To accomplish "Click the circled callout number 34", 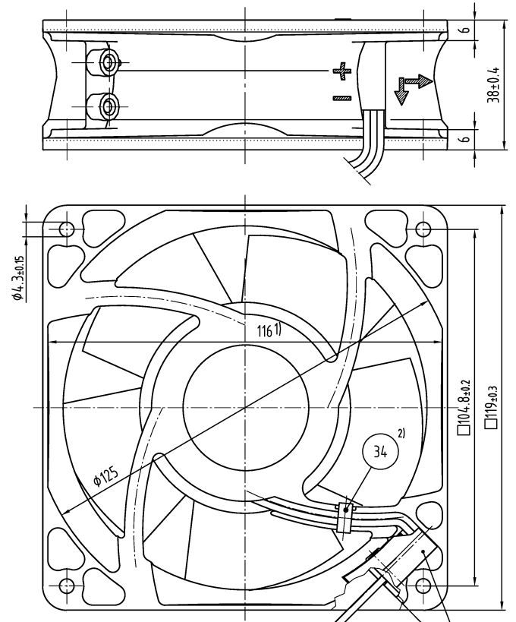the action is coord(380,451).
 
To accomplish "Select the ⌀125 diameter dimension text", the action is coord(105,476).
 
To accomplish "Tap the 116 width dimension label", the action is coord(265,330).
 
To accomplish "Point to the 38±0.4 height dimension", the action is coord(493,84).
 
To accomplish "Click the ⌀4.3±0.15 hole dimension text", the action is coord(18,278).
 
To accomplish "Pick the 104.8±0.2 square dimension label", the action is coord(464,407).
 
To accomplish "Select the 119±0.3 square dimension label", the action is coord(491,406).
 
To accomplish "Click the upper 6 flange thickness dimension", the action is coord(466,30).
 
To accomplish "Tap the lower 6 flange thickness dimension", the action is coord(466,139).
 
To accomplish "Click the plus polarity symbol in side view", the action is coord(342,71).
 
